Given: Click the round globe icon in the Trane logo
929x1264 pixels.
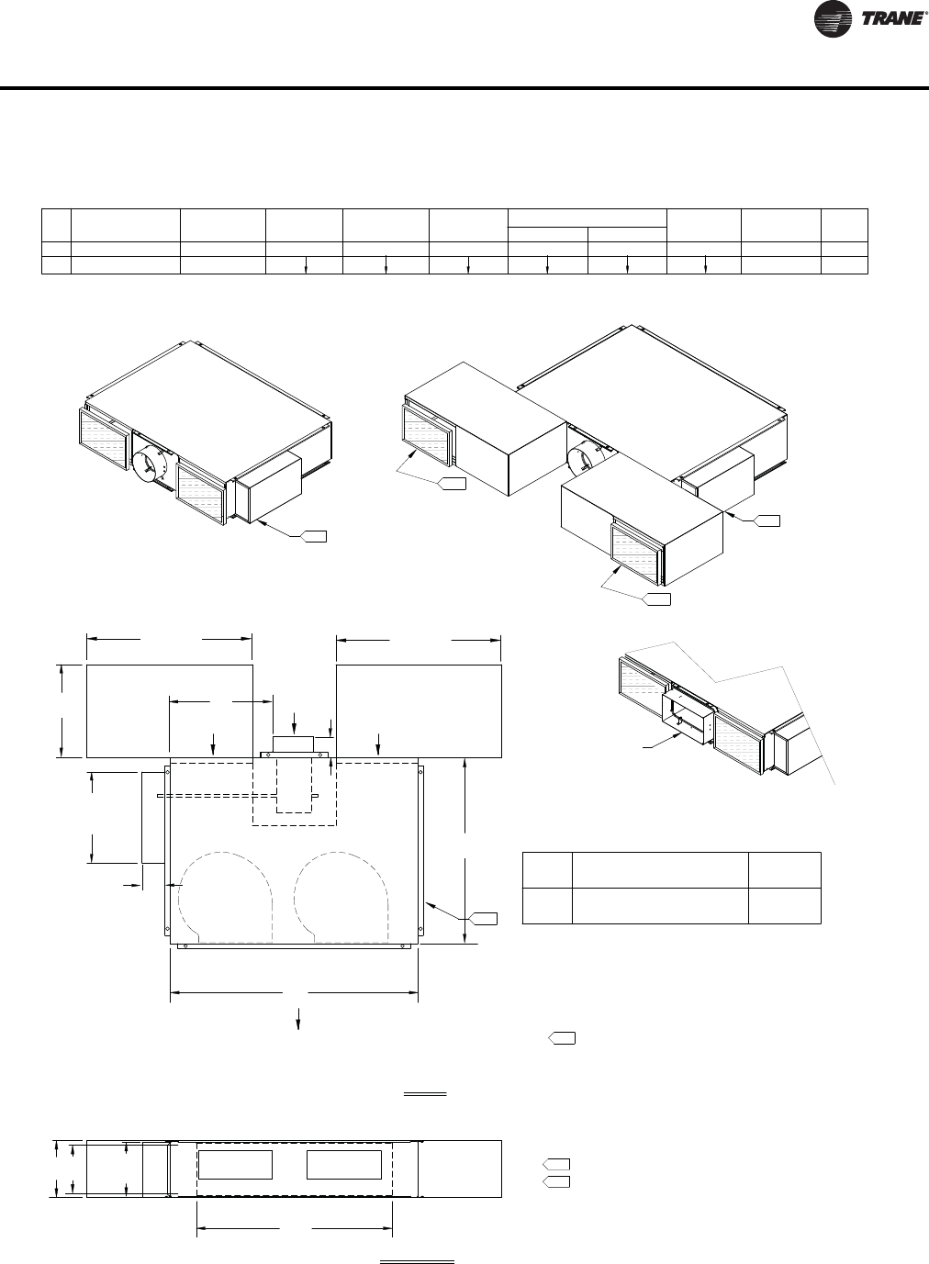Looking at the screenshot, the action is click(x=833, y=19).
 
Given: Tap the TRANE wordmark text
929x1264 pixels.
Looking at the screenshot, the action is click(x=891, y=19).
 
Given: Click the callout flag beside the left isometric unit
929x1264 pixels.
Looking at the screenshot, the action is click(x=313, y=536).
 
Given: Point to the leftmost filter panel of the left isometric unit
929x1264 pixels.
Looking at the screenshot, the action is click(x=104, y=440).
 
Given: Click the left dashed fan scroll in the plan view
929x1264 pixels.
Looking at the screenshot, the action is click(x=225, y=897).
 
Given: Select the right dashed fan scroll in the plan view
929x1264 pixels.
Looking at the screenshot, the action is click(x=341, y=897).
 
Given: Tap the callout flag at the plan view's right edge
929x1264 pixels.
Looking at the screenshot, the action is click(x=483, y=919).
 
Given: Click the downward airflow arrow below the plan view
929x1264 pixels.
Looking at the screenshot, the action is click(x=298, y=1017).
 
